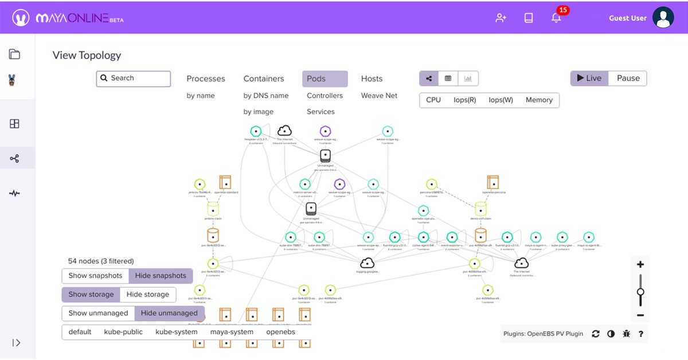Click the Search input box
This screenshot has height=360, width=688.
click(134, 79)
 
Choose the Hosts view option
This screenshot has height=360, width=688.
click(372, 79)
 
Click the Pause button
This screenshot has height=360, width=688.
click(628, 79)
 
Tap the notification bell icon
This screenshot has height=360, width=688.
click(556, 18)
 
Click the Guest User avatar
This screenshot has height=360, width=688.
click(663, 18)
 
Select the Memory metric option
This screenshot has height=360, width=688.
click(539, 100)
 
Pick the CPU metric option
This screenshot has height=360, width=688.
click(433, 100)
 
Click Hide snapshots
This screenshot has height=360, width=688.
click(161, 276)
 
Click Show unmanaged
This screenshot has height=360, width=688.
click(98, 314)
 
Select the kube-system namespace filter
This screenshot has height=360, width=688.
click(177, 332)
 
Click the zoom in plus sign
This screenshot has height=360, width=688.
click(640, 265)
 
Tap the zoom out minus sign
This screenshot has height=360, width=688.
click(640, 315)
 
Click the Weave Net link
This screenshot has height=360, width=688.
click(379, 96)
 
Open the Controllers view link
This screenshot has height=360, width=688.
click(325, 96)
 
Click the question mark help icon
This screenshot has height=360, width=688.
click(641, 334)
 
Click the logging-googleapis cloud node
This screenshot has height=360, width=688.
click(368, 263)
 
